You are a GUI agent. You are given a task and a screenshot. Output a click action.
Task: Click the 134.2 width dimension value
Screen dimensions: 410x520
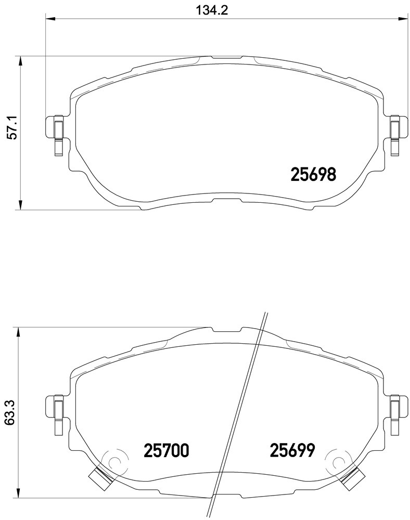click(212, 10)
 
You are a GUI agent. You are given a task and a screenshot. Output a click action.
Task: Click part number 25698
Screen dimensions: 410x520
click(313, 175)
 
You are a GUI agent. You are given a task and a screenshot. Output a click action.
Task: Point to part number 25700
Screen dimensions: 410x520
click(166, 450)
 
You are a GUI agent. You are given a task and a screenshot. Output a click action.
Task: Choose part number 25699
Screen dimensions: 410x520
click(292, 450)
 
